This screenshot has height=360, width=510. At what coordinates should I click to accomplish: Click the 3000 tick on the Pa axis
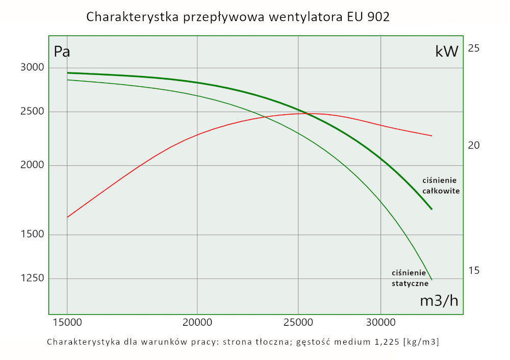click(32, 68)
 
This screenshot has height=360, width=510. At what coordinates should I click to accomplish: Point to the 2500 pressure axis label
click(32, 112)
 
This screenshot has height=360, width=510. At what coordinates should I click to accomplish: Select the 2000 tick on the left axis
click(32, 166)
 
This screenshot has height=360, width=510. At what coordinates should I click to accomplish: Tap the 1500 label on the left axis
click(32, 235)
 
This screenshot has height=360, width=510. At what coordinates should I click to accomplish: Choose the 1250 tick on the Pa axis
click(32, 278)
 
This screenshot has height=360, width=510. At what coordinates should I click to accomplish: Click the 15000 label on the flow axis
click(67, 323)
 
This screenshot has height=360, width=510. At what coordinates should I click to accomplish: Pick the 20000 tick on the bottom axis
click(197, 323)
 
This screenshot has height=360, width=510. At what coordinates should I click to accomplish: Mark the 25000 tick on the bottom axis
click(298, 323)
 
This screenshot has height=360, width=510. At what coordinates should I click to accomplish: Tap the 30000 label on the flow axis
click(381, 323)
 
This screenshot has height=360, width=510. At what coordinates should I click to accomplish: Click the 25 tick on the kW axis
click(474, 48)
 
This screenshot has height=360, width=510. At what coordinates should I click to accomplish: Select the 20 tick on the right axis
click(474, 145)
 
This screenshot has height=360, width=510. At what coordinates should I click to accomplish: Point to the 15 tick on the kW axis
click(474, 270)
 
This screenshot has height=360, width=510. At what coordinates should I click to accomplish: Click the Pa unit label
click(62, 52)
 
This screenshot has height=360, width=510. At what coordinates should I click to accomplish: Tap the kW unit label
click(447, 52)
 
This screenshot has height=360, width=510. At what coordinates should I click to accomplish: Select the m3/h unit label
click(439, 301)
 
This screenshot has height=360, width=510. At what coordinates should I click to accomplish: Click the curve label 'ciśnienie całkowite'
click(441, 186)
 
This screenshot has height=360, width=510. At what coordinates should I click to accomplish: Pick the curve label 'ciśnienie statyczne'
click(410, 278)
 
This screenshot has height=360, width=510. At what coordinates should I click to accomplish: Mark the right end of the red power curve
click(431, 136)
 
